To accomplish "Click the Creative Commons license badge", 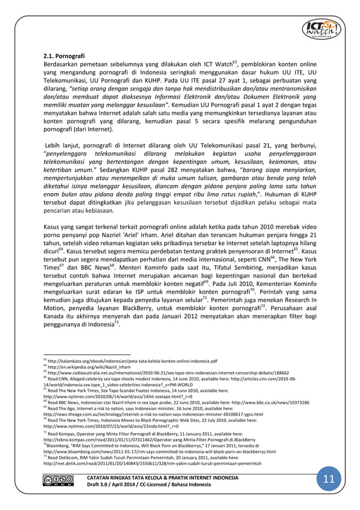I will click(x=55, y=481).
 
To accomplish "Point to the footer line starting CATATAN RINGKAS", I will click(x=161, y=477).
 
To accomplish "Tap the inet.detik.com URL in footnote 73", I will click(x=152, y=463).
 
